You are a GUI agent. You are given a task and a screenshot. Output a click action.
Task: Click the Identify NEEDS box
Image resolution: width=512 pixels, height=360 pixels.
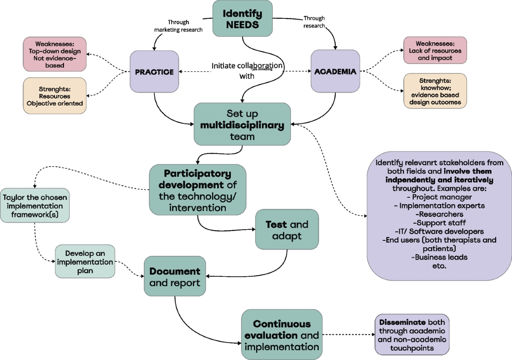pos(242,18)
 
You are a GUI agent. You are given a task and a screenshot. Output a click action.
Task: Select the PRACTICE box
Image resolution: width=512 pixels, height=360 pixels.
pos(154,72)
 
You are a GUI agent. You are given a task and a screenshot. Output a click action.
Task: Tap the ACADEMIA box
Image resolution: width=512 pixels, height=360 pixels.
pos(335,71)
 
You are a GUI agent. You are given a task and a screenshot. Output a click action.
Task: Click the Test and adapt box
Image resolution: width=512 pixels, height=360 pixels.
pos(287,229)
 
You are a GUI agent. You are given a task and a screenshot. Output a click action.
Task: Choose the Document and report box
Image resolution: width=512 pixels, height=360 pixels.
pos(175,276)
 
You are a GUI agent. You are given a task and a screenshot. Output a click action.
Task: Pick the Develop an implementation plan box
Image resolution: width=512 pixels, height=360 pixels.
pos(85,261)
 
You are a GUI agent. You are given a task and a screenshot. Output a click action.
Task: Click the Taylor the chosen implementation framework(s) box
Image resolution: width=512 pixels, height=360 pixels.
pos(35,205)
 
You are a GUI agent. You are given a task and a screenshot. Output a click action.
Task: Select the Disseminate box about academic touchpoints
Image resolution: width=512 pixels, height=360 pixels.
pos(412,335)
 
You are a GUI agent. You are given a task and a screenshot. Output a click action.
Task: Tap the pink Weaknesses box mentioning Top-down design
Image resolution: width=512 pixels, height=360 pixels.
pos(55,54)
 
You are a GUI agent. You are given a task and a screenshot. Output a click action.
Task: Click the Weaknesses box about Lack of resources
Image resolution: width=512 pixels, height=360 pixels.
pos(435,50)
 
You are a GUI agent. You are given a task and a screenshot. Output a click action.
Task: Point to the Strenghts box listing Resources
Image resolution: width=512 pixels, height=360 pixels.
pos(55,96)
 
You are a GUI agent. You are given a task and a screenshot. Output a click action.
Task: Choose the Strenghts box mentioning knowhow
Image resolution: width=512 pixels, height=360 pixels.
pos(435,91)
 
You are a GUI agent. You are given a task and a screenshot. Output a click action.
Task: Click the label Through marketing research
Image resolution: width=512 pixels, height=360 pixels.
pos(178,26)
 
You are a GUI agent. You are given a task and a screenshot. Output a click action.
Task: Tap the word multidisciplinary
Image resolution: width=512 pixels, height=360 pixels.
pos(242,125)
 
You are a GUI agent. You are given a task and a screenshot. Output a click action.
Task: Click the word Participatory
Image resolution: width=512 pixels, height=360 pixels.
pos(198,174)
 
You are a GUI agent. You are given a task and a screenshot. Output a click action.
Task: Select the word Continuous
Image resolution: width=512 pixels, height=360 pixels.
pos(282,324)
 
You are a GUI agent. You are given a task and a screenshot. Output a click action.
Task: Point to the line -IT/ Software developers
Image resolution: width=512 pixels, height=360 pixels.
pos(439,231)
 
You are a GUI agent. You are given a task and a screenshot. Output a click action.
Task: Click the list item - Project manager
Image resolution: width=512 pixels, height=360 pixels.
pos(439,197)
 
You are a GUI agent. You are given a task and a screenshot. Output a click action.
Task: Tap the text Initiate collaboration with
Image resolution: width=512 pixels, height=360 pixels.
pos(247,70)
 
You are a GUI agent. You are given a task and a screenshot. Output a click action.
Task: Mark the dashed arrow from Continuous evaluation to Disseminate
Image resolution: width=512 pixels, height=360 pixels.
pos(349,335)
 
